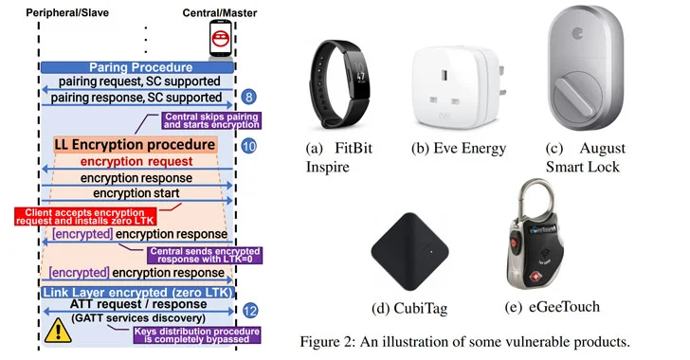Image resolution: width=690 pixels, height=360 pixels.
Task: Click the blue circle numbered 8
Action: click(248, 97)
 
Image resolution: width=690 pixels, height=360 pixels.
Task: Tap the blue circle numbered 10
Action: click(248, 147)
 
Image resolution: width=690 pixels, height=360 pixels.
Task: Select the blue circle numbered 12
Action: click(248, 310)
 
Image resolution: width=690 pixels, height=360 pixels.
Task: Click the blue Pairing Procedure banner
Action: click(140, 68)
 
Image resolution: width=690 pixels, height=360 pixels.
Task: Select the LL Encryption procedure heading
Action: click(135, 146)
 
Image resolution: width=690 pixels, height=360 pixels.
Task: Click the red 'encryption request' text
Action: click(135, 162)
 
